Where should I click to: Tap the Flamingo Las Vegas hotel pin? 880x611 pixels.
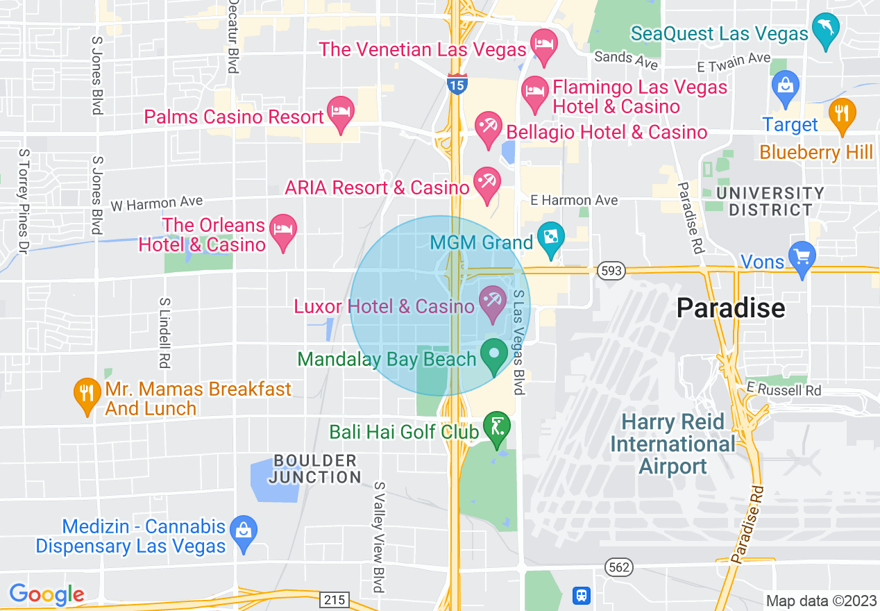(535, 93)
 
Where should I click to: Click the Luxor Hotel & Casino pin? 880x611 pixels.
(493, 303)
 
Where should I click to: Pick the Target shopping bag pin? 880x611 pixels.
(786, 87)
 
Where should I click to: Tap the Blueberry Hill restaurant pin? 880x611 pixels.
(843, 115)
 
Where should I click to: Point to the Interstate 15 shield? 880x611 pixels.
(457, 85)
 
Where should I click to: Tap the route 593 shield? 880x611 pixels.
(614, 271)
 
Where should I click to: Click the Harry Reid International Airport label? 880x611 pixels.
(672, 444)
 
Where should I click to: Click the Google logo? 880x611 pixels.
(46, 594)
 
